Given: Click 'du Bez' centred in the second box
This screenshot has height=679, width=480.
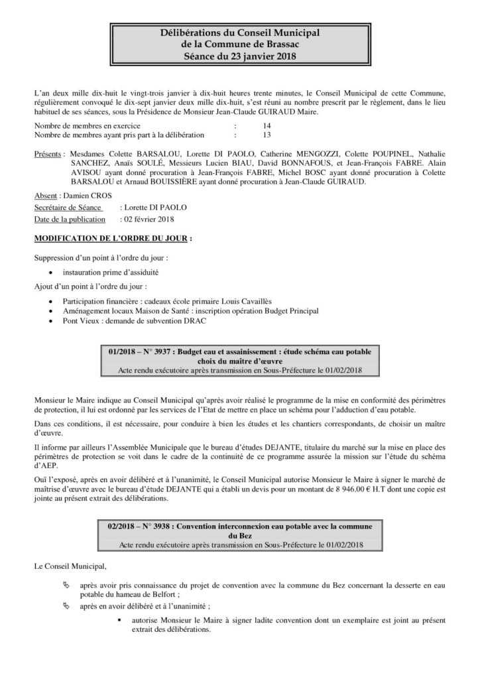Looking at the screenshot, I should [x=239, y=536].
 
